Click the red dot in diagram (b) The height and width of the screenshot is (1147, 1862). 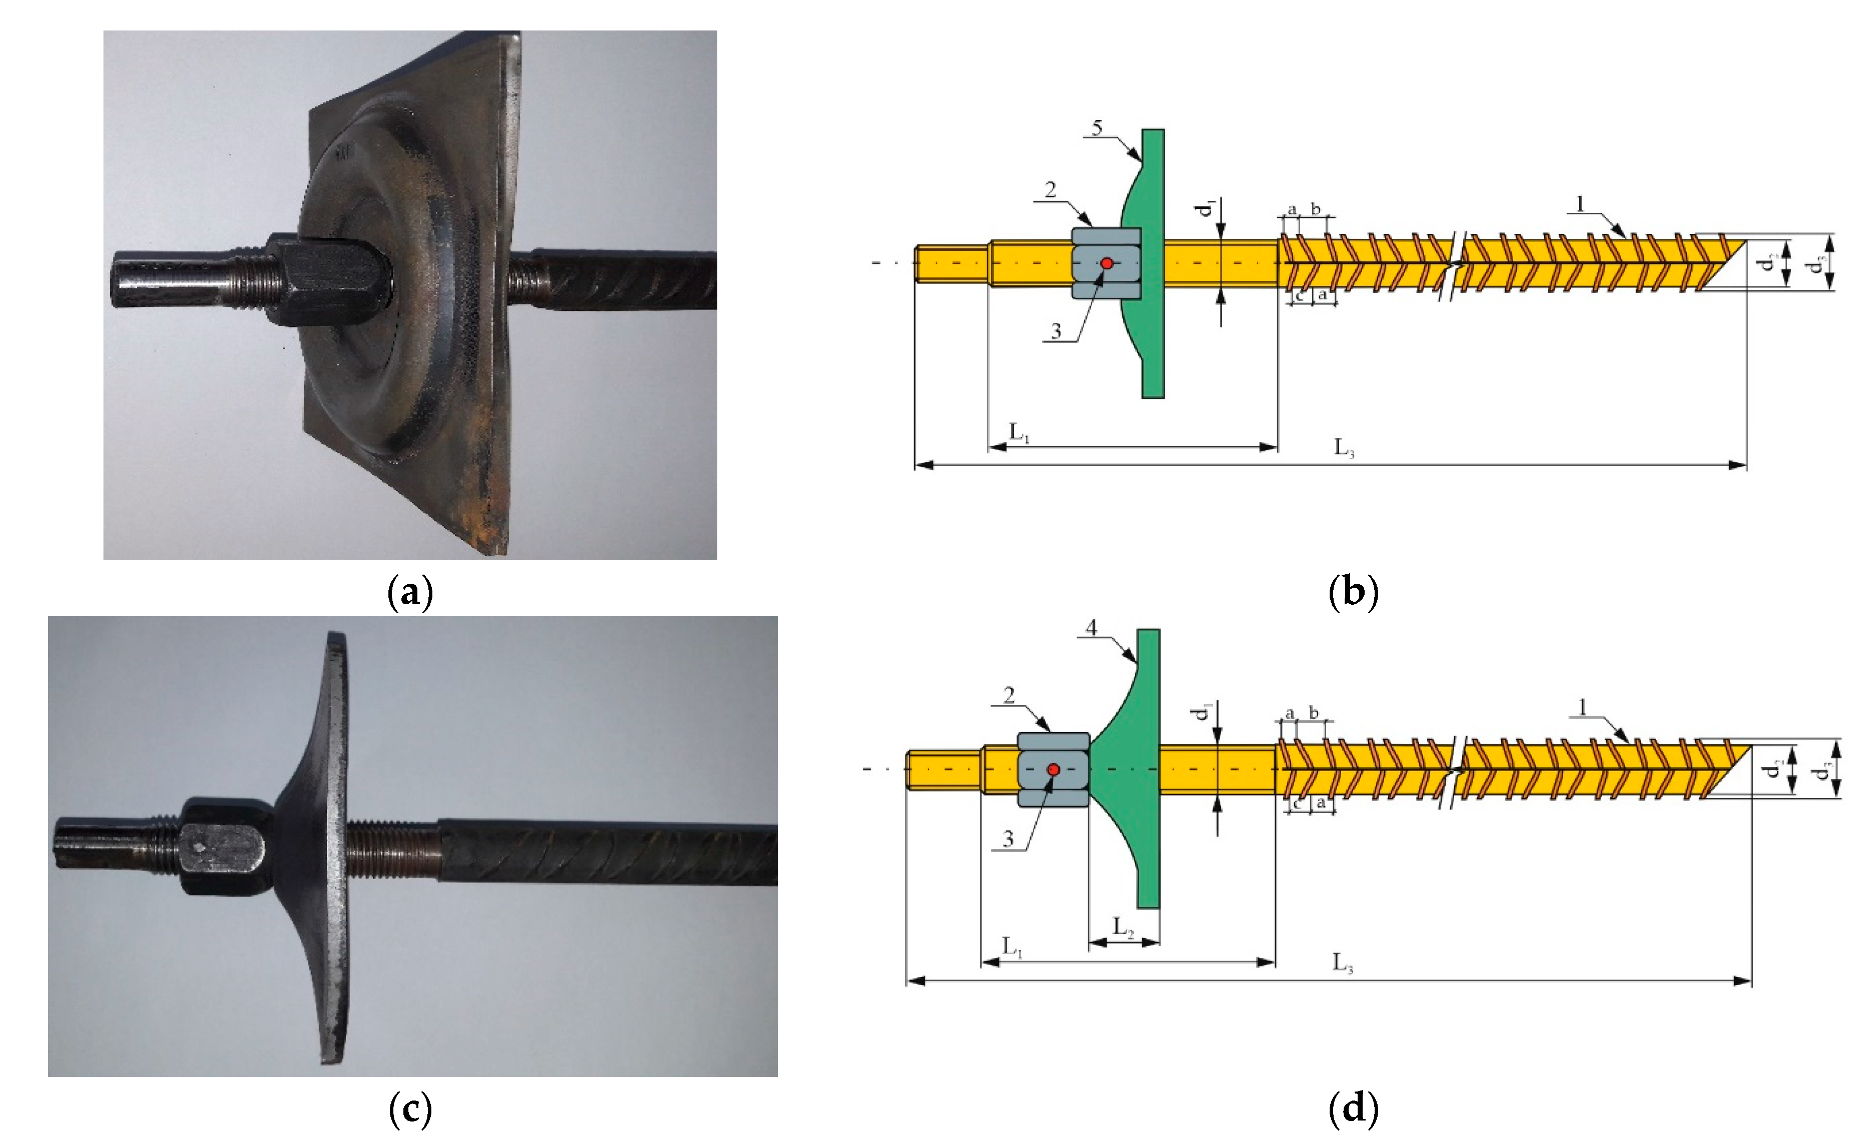pyautogui.click(x=1107, y=263)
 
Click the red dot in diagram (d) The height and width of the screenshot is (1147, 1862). pyautogui.click(x=1053, y=770)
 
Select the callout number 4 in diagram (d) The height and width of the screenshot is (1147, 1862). pyautogui.click(x=1091, y=628)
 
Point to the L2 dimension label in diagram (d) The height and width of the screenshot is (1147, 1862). pyautogui.click(x=1123, y=928)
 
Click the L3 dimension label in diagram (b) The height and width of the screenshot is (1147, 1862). pyautogui.click(x=1344, y=448)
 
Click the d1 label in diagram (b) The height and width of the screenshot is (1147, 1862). pyautogui.click(x=1207, y=207)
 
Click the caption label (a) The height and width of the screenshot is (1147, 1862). pyautogui.click(x=410, y=592)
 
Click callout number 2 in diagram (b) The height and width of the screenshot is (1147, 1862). pyautogui.click(x=1050, y=189)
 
